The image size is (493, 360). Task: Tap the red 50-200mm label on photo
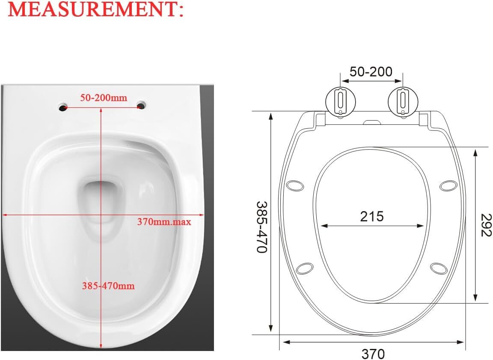(x=104, y=98)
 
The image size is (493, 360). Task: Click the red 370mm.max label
(x=164, y=222)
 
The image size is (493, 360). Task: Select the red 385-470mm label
(x=108, y=286)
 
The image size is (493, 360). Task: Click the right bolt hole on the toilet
(x=141, y=105)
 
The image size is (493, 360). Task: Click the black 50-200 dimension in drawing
(x=371, y=72)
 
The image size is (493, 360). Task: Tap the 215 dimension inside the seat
(x=371, y=217)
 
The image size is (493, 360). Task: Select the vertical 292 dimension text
(x=485, y=225)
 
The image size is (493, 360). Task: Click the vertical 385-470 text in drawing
(x=261, y=227)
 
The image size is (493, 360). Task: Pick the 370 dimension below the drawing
(x=373, y=354)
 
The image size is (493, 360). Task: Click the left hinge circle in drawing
(x=341, y=100)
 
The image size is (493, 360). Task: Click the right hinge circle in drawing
(x=402, y=100)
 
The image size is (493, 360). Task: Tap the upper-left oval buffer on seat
(x=294, y=186)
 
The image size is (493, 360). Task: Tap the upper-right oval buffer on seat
(x=448, y=186)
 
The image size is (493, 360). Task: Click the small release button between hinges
(x=371, y=122)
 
